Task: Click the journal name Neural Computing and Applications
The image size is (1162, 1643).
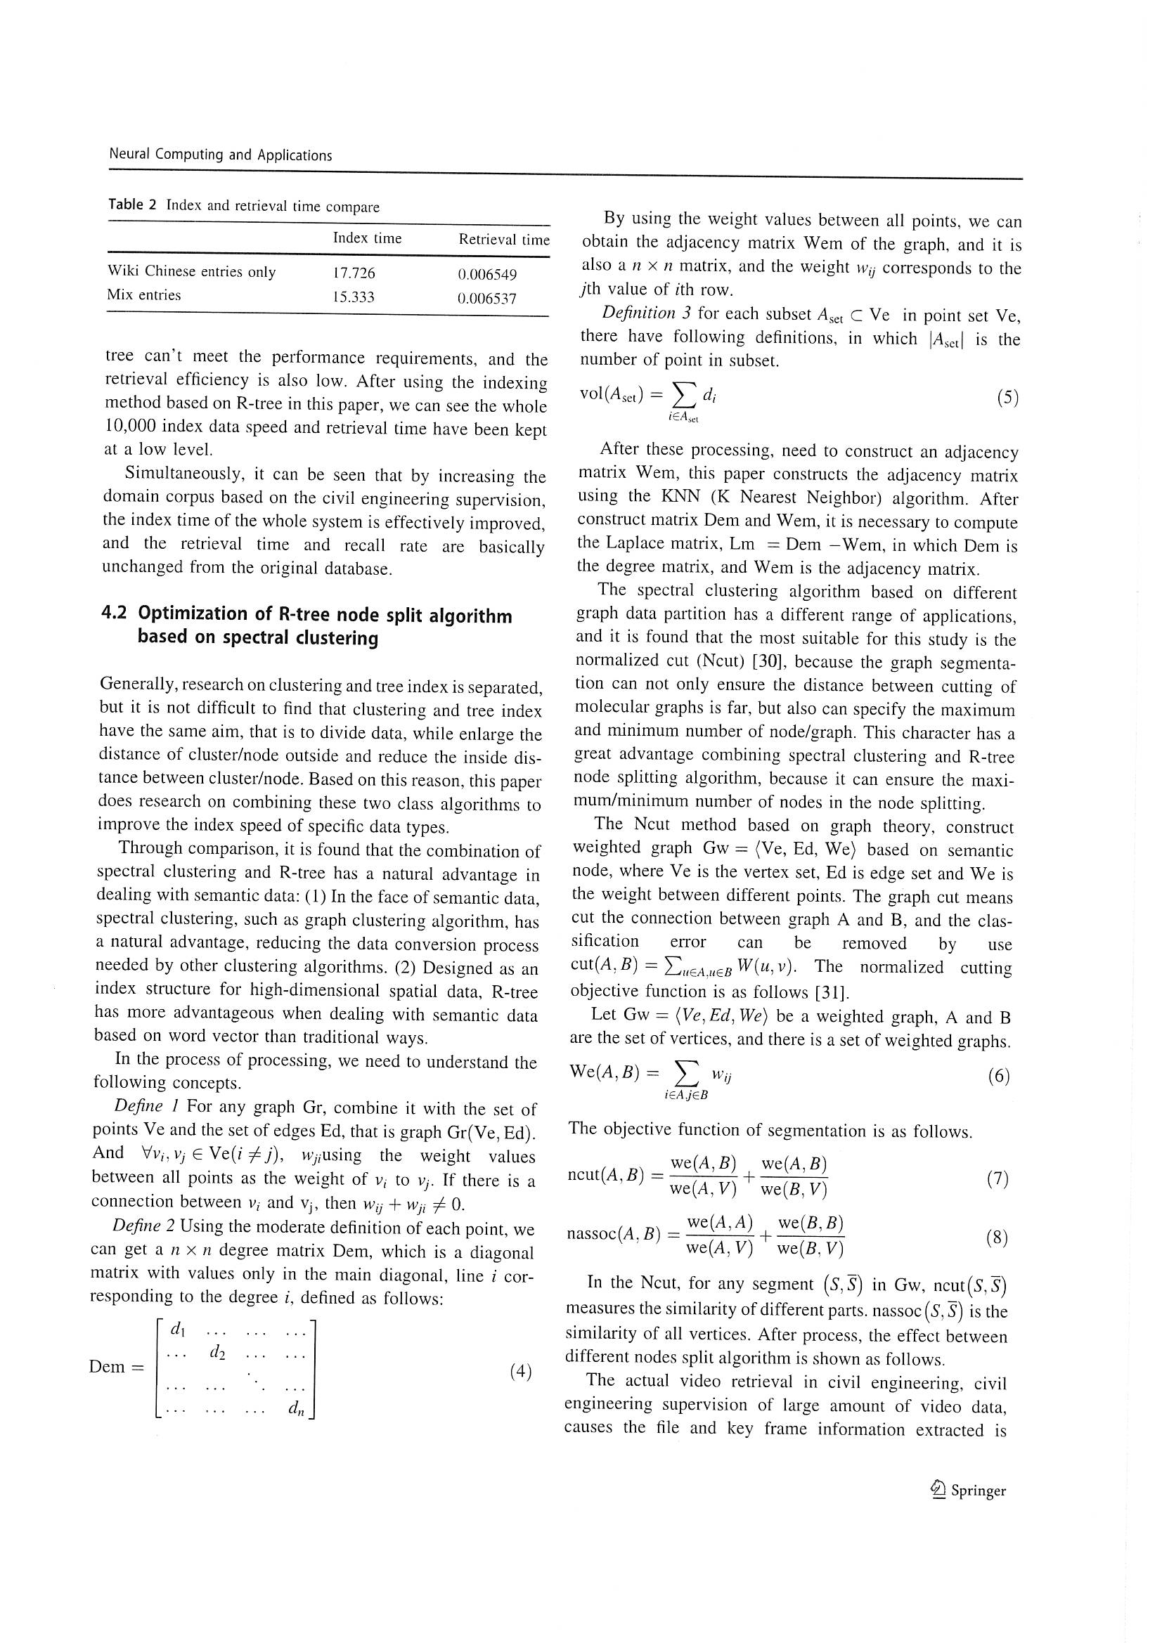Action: click(220, 155)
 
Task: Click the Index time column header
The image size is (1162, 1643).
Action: click(366, 238)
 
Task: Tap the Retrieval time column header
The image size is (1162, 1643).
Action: click(504, 240)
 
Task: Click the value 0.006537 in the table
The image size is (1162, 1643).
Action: click(486, 299)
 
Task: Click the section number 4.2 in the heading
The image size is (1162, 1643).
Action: click(114, 613)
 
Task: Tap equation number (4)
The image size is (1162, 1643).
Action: click(520, 1371)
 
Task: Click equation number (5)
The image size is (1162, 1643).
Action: click(1007, 398)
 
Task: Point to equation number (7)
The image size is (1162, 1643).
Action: click(997, 1178)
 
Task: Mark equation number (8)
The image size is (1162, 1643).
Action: click(996, 1238)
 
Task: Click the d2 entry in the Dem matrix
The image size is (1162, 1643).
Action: click(218, 1353)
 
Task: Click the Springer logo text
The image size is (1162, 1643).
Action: click(977, 1491)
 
